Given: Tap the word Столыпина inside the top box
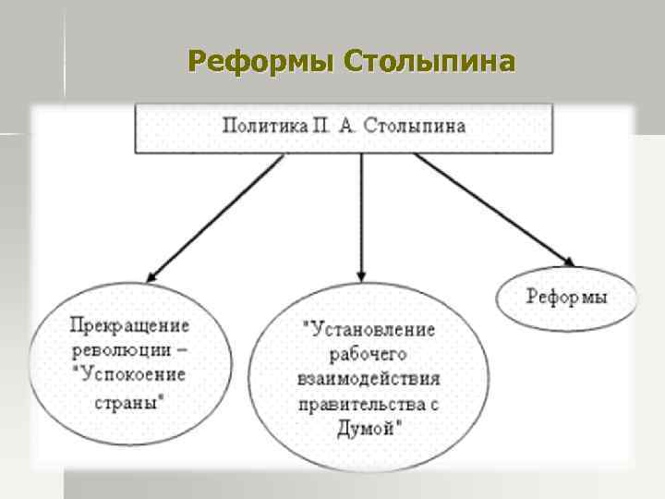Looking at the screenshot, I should [x=418, y=126].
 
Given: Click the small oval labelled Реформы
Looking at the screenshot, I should [x=567, y=298].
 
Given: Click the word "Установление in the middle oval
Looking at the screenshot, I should [x=368, y=328].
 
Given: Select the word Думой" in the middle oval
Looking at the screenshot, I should [x=368, y=428].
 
